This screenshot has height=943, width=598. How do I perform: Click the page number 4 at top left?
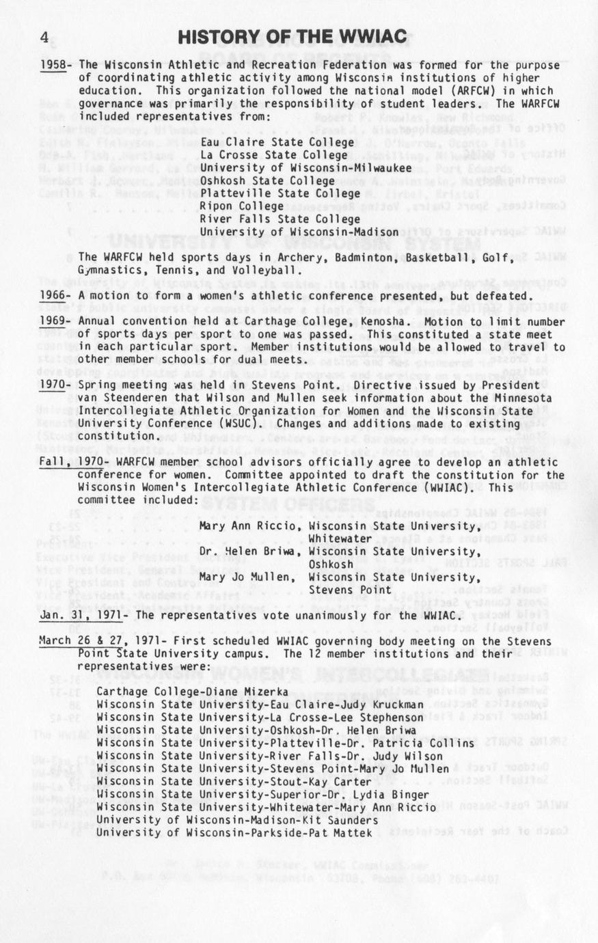click(x=44, y=38)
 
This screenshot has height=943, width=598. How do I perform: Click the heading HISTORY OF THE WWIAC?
click(x=292, y=37)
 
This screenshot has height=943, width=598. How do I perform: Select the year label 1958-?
click(x=57, y=65)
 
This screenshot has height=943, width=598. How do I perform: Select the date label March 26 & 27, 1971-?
click(x=102, y=641)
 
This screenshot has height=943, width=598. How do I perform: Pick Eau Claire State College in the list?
click(x=277, y=142)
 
